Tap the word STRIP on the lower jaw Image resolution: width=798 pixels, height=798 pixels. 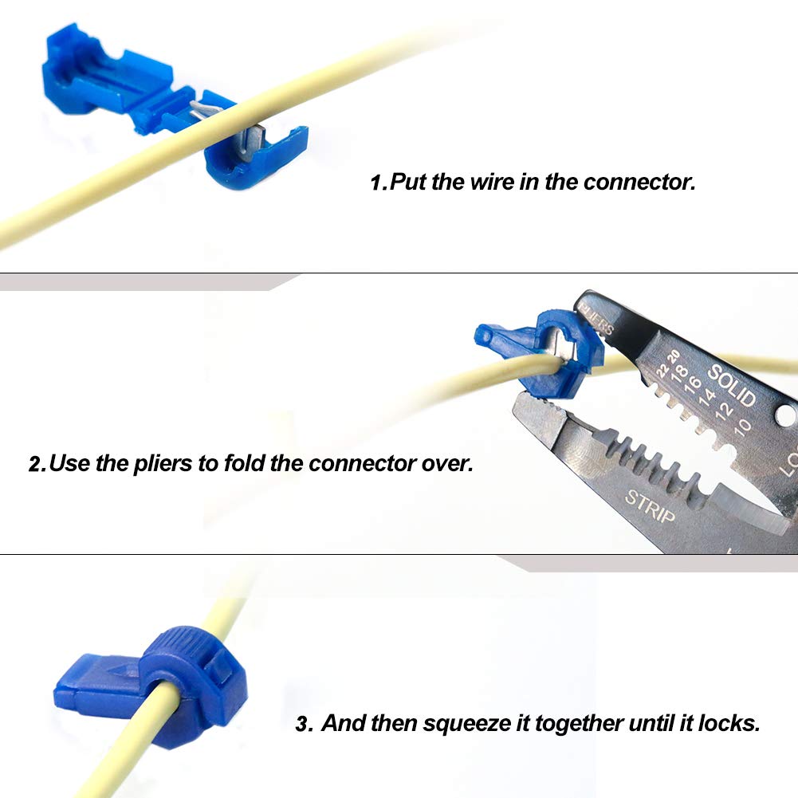pyautogui.click(x=650, y=508)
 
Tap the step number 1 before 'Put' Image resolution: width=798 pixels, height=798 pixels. pyautogui.click(x=378, y=183)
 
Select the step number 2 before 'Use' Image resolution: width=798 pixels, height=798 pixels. pyautogui.click(x=36, y=463)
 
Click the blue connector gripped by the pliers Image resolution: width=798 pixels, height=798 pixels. pyautogui.click(x=542, y=351)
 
